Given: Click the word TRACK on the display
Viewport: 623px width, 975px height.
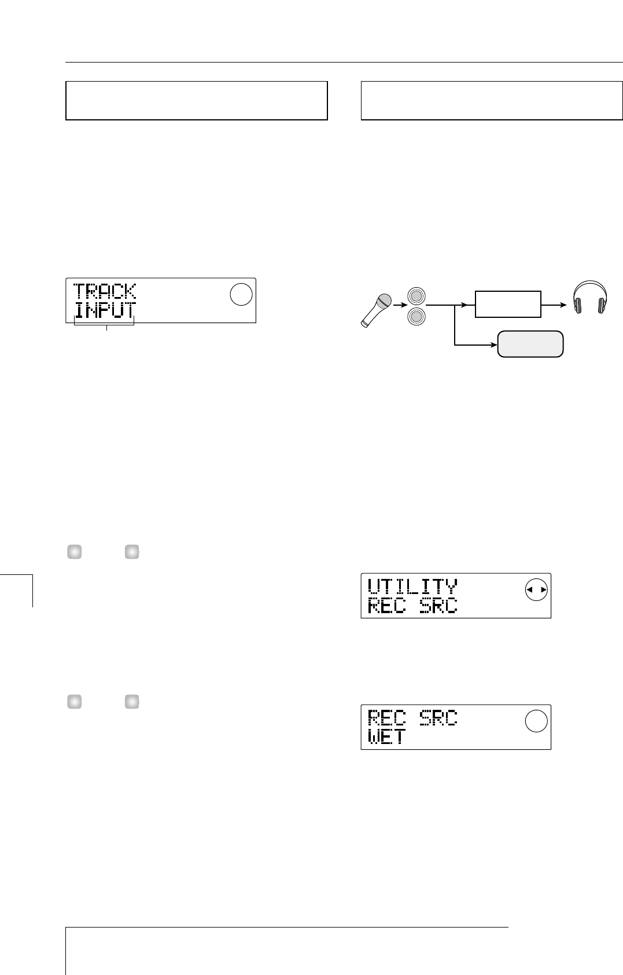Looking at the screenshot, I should point(105,291).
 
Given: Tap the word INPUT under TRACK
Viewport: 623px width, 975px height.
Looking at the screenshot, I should point(105,311).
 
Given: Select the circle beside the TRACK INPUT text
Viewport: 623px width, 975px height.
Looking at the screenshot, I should point(241,295).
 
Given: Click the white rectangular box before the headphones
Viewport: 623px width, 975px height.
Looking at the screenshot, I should point(508,304).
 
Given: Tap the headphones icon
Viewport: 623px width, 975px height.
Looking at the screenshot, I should point(589,297).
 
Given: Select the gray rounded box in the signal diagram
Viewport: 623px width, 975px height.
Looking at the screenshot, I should point(529,344).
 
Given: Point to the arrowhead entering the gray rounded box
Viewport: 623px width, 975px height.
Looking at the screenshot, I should point(493,346).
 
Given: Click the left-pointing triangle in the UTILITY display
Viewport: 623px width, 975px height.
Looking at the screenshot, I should point(529,590).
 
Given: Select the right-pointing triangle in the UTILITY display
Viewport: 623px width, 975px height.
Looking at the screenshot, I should point(543,590).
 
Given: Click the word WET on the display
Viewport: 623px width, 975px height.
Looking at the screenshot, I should point(387,738).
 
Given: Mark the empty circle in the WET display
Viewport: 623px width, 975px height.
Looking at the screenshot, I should point(536,721).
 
